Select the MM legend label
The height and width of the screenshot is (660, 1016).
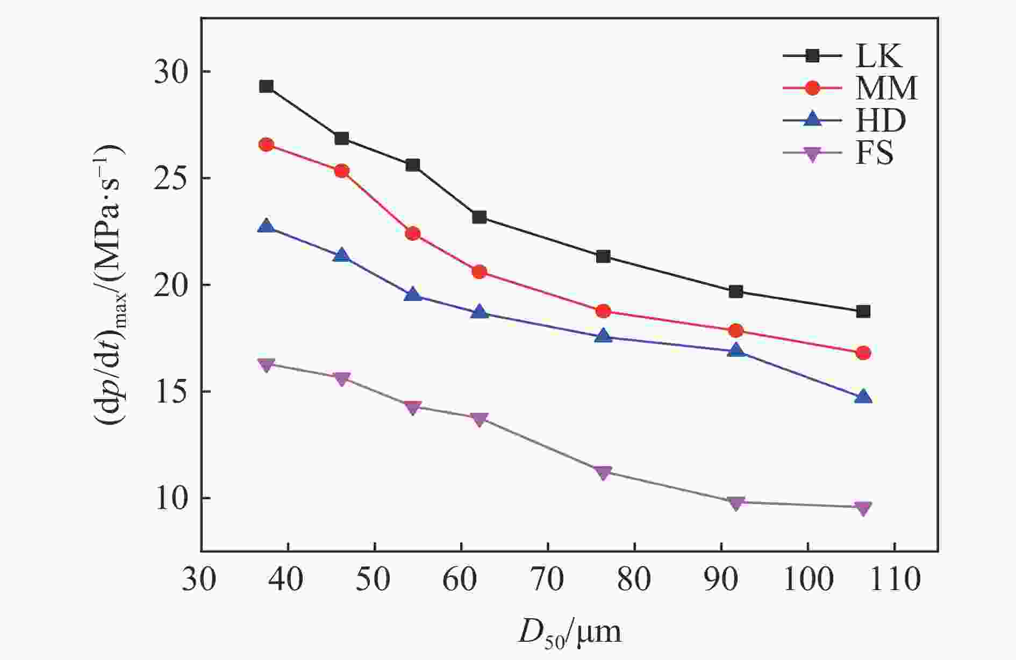[x=886, y=88]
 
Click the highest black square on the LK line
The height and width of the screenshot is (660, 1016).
[x=266, y=87]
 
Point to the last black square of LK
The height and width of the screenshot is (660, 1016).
[x=863, y=312]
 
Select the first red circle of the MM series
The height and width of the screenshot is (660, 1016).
[x=266, y=145]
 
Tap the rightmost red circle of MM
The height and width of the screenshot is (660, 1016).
[x=863, y=353]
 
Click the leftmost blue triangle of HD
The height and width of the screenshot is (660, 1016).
[x=266, y=226]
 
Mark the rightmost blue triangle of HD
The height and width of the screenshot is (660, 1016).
[x=863, y=397]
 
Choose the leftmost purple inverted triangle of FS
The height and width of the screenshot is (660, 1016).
[x=266, y=365]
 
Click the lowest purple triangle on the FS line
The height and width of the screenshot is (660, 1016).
[x=863, y=508]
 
